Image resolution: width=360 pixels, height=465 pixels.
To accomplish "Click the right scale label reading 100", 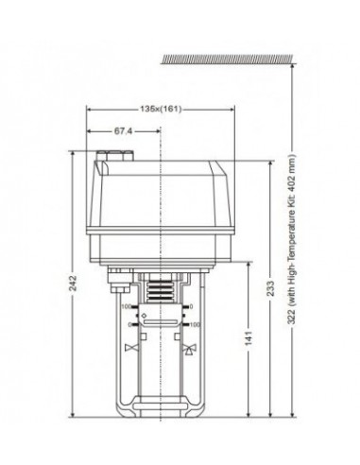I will pyautogui.click(x=196, y=324).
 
